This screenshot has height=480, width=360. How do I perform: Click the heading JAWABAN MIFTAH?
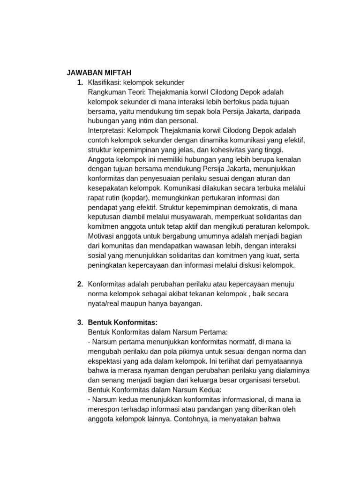[98, 73]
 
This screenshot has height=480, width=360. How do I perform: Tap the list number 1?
[80, 82]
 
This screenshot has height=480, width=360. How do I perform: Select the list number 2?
[80, 284]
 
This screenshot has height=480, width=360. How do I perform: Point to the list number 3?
[80, 322]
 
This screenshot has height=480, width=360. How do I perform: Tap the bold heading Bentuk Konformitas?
[123, 322]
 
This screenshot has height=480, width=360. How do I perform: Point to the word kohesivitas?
[222, 149]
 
